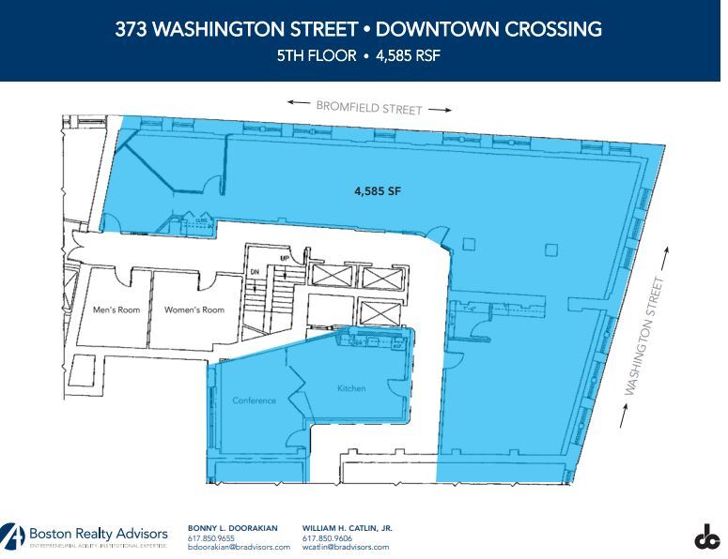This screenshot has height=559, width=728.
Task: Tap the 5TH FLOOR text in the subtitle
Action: [x=317, y=55]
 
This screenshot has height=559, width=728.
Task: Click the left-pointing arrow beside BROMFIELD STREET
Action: [x=300, y=102]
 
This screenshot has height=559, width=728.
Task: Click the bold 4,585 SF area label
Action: [x=378, y=189]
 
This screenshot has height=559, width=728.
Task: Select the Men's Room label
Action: [x=116, y=310]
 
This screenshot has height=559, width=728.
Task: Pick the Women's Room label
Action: [x=194, y=310]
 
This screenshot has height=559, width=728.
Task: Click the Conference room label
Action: [x=254, y=400]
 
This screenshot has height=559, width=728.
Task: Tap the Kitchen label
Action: [x=350, y=388]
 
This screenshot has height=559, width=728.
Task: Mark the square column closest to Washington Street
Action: [x=550, y=249]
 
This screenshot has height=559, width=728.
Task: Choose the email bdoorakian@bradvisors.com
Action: [x=240, y=547]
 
